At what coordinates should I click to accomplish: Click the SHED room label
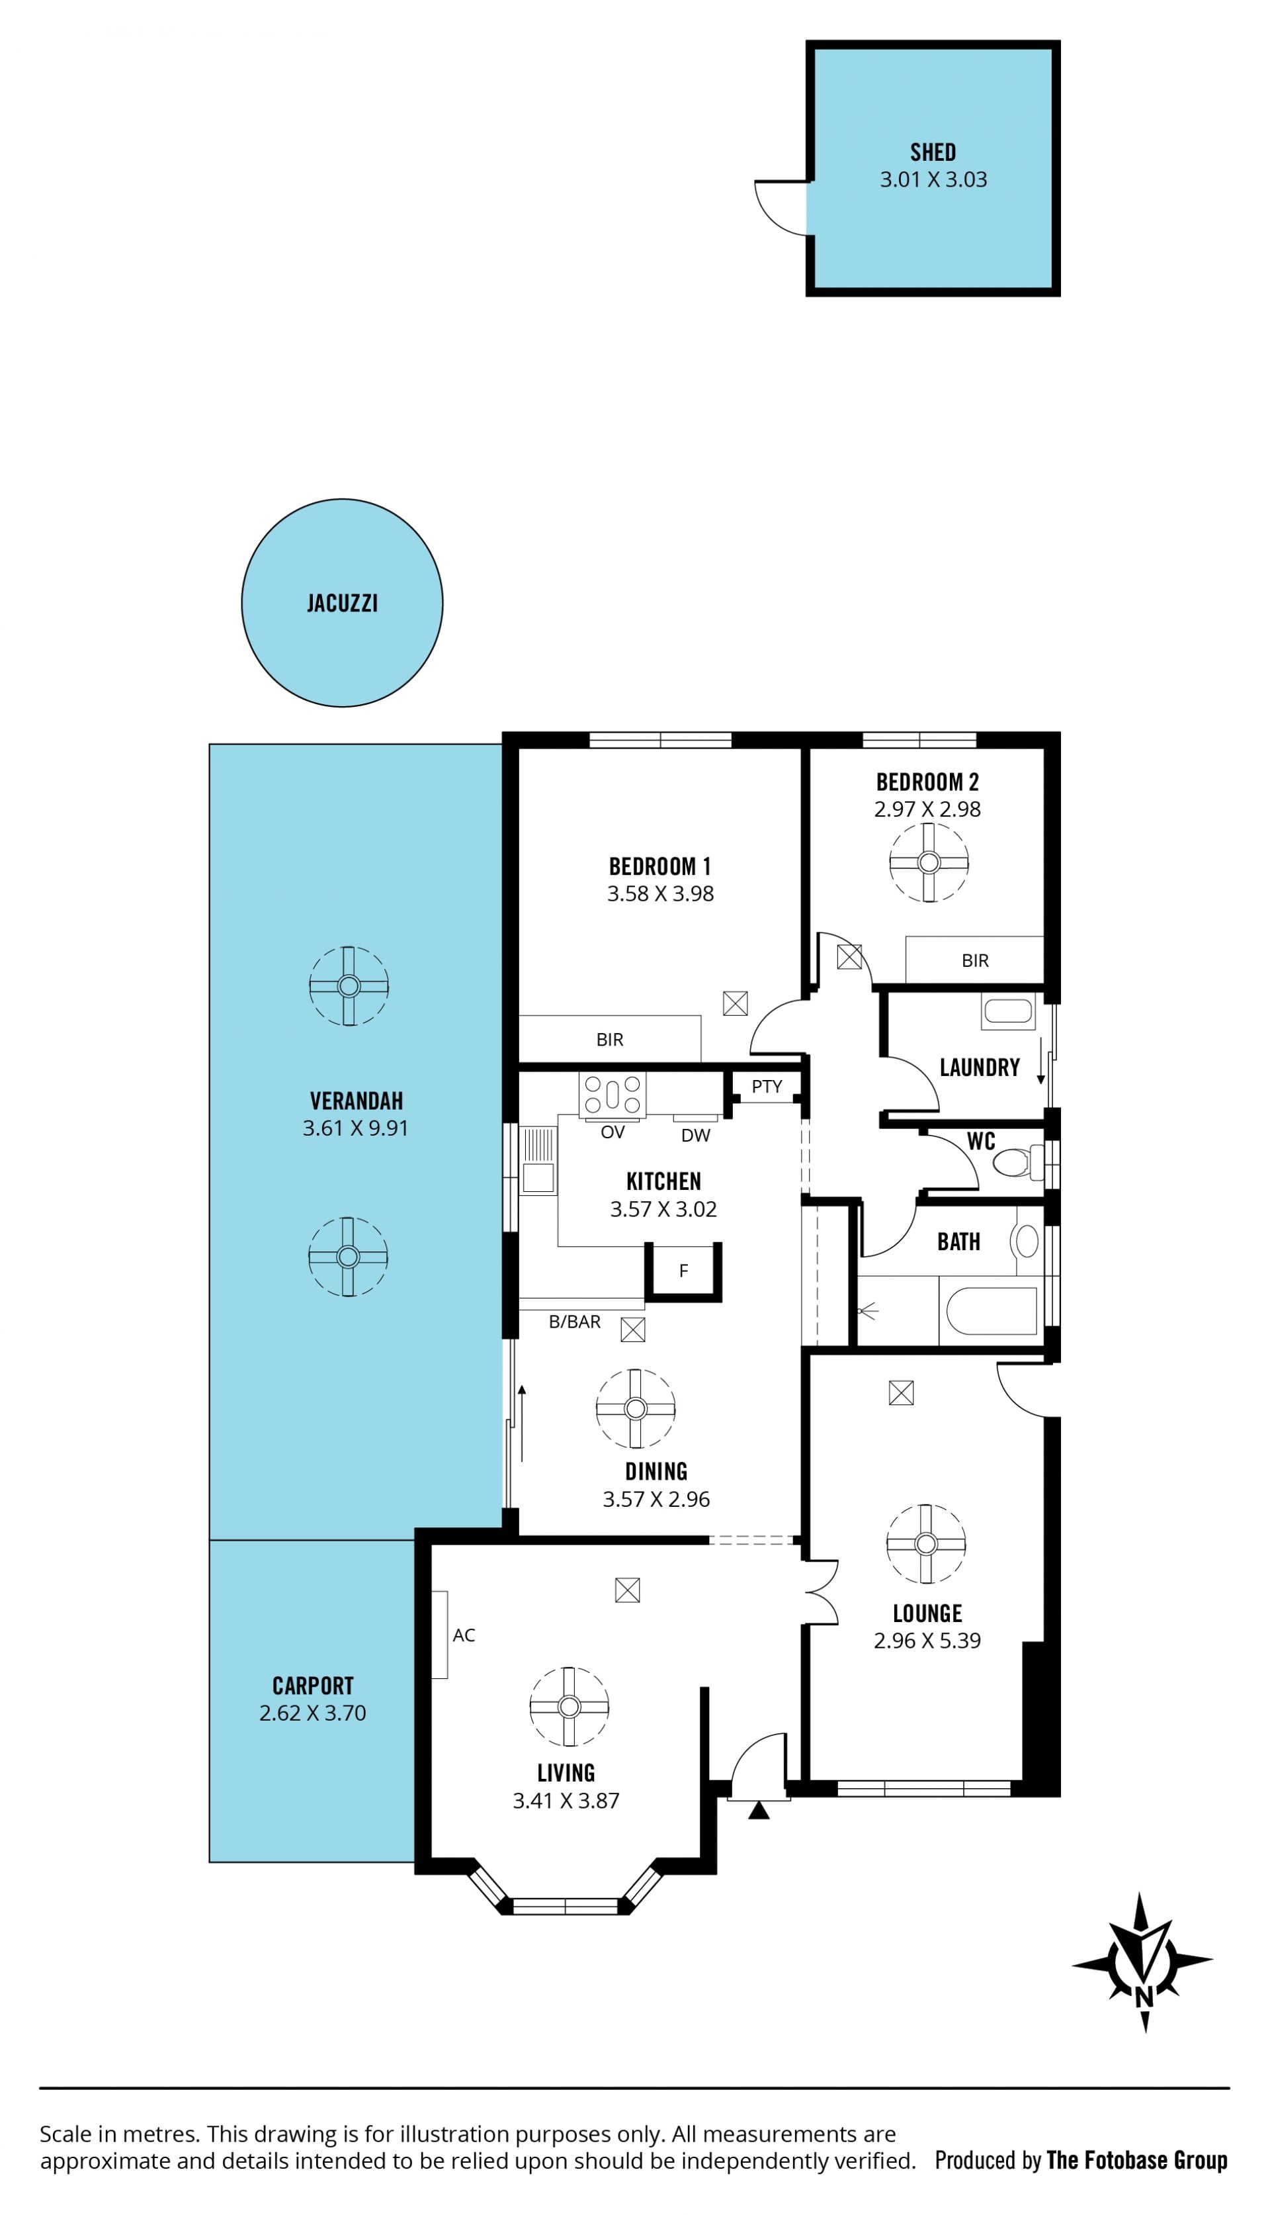point(933,153)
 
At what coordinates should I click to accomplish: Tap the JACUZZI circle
point(342,603)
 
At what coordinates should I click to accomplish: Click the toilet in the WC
point(1019,1162)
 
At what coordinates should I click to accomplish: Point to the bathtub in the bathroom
point(991,1311)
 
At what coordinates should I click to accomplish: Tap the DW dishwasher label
point(695,1135)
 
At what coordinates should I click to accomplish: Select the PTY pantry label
point(767,1086)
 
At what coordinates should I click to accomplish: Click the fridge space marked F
point(683,1272)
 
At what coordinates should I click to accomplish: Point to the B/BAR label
point(574,1322)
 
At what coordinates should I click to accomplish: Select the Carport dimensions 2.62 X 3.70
point(312,1713)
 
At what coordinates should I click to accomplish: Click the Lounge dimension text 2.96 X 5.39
point(927,1640)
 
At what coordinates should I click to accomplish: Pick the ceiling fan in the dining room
point(635,1409)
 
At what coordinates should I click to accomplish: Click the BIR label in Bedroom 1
point(610,1039)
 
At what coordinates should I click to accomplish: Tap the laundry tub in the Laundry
point(1007,1012)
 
